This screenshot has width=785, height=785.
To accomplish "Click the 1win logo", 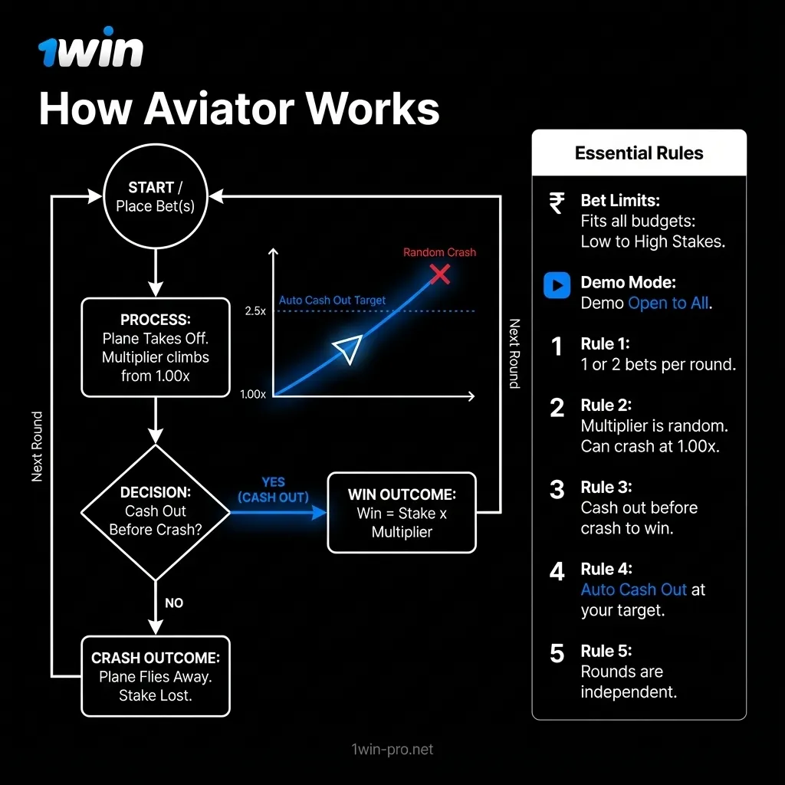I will click(x=90, y=51).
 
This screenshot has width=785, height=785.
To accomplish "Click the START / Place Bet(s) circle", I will click(x=156, y=196).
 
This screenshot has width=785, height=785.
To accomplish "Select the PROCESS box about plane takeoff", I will click(x=156, y=347).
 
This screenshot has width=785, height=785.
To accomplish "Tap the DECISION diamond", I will click(x=156, y=511).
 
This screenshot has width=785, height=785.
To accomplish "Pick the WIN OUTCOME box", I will click(x=402, y=512).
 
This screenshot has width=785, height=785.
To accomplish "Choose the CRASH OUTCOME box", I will click(x=156, y=676).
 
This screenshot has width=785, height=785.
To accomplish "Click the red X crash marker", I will click(x=439, y=274).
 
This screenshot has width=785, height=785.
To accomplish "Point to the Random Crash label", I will click(x=439, y=252).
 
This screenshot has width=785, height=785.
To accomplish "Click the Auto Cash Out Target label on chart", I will click(x=332, y=300).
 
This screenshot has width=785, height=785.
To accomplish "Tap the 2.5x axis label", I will click(x=255, y=311).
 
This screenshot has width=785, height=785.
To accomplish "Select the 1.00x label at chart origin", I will click(x=253, y=394).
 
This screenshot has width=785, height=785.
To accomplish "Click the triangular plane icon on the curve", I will click(x=347, y=350).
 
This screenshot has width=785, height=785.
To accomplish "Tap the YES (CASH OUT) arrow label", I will click(x=273, y=490).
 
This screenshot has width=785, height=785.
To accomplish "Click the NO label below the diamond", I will click(x=174, y=603).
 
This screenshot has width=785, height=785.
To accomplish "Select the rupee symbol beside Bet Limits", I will click(x=557, y=203).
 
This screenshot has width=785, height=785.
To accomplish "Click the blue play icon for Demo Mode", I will click(x=557, y=285).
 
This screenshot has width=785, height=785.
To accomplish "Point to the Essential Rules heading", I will click(x=639, y=153).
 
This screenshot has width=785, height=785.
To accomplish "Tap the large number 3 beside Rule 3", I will click(x=557, y=490).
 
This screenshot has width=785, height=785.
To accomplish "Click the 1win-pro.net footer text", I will click(x=389, y=749).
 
